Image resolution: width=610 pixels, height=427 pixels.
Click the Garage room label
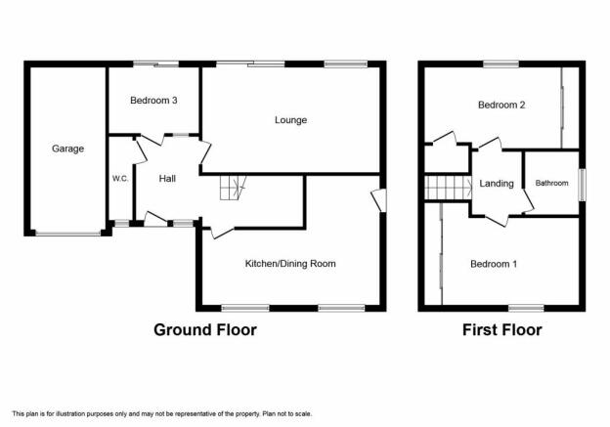(x=68, y=149)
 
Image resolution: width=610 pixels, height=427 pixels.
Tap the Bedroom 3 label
(x=153, y=101)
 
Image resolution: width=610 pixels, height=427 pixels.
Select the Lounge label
(x=290, y=120)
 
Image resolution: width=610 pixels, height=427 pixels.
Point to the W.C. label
(x=120, y=179)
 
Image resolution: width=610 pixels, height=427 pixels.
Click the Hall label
(x=167, y=179)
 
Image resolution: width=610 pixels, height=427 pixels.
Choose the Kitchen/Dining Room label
(x=290, y=264)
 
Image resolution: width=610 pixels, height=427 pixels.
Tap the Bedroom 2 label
(x=501, y=105)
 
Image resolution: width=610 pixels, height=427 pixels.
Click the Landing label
(x=497, y=184)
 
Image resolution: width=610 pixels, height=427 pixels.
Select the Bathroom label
(x=551, y=183)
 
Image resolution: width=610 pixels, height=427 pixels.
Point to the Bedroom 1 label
(x=494, y=264)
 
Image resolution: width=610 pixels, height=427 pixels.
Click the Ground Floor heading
(x=205, y=330)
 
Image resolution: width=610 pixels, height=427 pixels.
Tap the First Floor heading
(x=501, y=330)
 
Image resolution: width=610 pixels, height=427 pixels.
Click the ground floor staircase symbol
(x=233, y=188)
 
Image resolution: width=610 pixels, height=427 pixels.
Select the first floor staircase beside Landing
(x=448, y=188)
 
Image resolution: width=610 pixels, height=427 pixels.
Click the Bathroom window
(x=582, y=185)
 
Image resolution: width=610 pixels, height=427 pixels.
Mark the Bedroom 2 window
(x=501, y=64)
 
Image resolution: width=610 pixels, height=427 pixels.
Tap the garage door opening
(x=68, y=234)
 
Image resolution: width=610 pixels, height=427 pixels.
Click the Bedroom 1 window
(x=526, y=308)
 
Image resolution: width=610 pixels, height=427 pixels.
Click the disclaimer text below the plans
(x=162, y=413)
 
